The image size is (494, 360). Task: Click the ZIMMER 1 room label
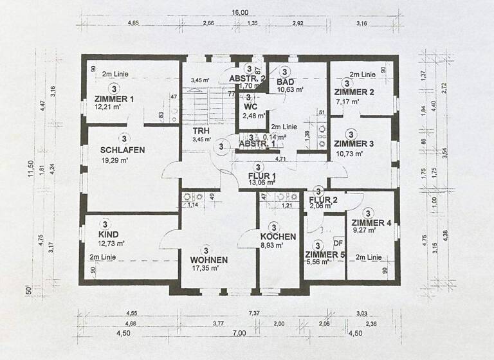pos(114,99)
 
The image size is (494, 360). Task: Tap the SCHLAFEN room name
pos(122,150)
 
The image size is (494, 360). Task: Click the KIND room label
pos(108,235)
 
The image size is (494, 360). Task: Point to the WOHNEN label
pos(208,260)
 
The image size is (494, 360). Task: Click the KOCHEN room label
pos(278,237)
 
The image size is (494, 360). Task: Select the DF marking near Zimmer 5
pos(338,243)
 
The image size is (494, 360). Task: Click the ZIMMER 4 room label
pos(372,223)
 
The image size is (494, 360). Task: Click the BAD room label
pos(286,82)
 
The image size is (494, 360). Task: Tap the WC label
pos(250,107)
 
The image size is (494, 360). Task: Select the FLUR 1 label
pos(262,175)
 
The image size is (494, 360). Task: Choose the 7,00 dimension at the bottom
pos(239,333)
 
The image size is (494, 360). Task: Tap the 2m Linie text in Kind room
pos(107,256)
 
